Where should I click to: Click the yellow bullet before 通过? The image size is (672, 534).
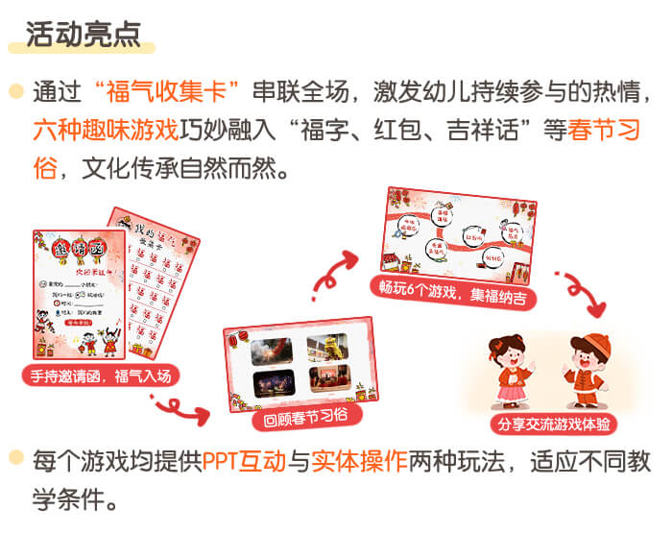pyautogui.click(x=15, y=93)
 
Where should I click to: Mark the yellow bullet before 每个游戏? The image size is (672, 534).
pyautogui.click(x=15, y=461)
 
